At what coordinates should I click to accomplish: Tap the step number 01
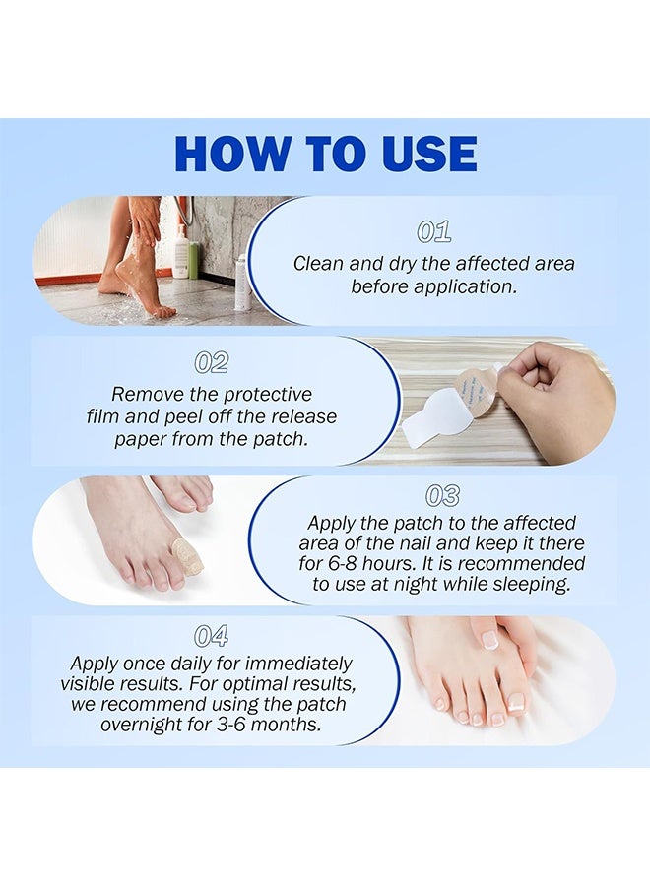[434, 231]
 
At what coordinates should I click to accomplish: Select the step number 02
[212, 362]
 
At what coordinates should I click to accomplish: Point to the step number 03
[442, 495]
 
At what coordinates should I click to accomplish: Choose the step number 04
[211, 636]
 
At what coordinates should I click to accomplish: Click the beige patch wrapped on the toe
[187, 556]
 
